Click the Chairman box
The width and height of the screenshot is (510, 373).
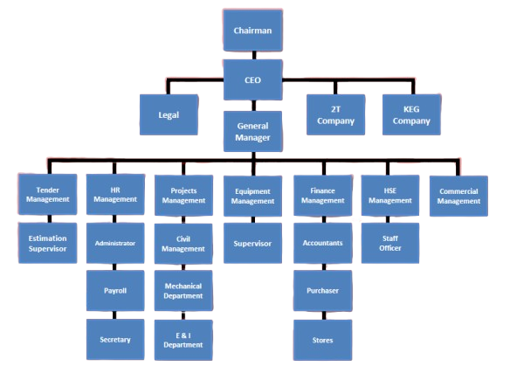252,31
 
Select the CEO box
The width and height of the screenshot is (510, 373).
252,79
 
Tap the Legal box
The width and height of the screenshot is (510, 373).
169,114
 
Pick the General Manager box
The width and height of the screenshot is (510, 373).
252,132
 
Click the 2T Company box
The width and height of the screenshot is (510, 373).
335,114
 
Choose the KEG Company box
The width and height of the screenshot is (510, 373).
411,114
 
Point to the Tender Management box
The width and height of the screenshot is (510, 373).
48,194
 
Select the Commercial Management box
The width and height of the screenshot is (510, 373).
458,196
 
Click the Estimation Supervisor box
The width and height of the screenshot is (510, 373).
48,243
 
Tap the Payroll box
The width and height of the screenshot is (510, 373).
115,290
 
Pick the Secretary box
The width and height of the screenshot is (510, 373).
115,340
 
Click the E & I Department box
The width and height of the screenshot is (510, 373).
183,340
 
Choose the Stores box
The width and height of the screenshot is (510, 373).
322,340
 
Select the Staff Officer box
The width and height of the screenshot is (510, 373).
390,243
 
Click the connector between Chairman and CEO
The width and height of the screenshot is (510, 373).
254,55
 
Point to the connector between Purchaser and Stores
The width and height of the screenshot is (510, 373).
324,315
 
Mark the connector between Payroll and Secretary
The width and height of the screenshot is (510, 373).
114,315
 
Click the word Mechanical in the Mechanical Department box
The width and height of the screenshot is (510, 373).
183,286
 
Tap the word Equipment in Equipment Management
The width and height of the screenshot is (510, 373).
252,191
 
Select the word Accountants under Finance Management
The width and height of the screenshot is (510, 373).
322,243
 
